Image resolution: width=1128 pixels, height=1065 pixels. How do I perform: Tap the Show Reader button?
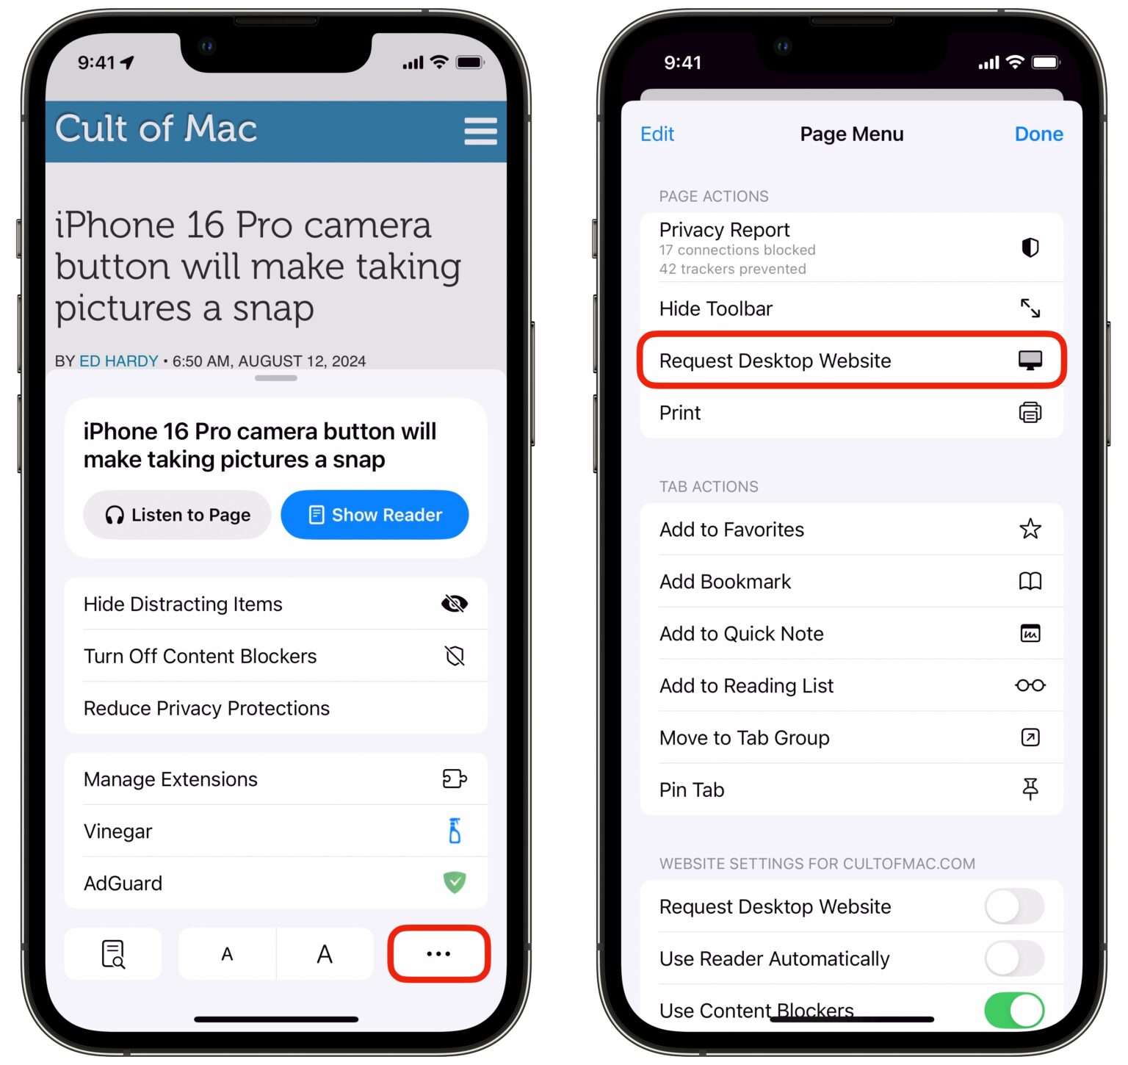(x=375, y=515)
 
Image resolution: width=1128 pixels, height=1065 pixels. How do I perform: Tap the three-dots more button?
(x=438, y=953)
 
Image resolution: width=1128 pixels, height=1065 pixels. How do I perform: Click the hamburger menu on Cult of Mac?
(x=480, y=131)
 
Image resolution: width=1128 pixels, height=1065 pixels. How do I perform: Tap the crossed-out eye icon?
(x=455, y=604)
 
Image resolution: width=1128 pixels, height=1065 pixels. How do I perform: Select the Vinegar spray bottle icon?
(x=455, y=831)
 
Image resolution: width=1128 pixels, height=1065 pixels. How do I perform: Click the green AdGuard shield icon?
(x=455, y=882)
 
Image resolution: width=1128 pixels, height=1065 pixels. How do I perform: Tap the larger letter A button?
(x=325, y=954)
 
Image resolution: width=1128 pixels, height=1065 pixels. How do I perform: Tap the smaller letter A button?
(x=227, y=954)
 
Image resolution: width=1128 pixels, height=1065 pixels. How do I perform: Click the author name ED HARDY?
(x=119, y=361)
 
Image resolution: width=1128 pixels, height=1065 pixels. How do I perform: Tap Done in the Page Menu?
(x=1038, y=134)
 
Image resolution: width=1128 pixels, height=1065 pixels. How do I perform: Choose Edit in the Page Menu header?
(x=657, y=134)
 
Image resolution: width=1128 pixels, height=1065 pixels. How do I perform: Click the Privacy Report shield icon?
(x=1030, y=248)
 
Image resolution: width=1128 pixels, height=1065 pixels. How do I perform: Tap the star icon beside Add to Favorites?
(x=1030, y=529)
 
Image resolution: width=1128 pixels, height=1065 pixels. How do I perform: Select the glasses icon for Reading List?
(x=1030, y=685)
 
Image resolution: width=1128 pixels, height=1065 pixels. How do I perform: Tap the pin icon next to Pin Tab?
(x=1030, y=789)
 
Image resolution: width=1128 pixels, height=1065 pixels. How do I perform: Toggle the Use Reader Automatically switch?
(x=1014, y=958)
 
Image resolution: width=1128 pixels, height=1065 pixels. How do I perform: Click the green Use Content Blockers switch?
(x=1014, y=1010)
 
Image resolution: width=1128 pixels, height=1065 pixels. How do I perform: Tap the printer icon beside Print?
(x=1030, y=413)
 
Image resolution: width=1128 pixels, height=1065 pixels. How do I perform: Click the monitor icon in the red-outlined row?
(x=1030, y=360)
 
